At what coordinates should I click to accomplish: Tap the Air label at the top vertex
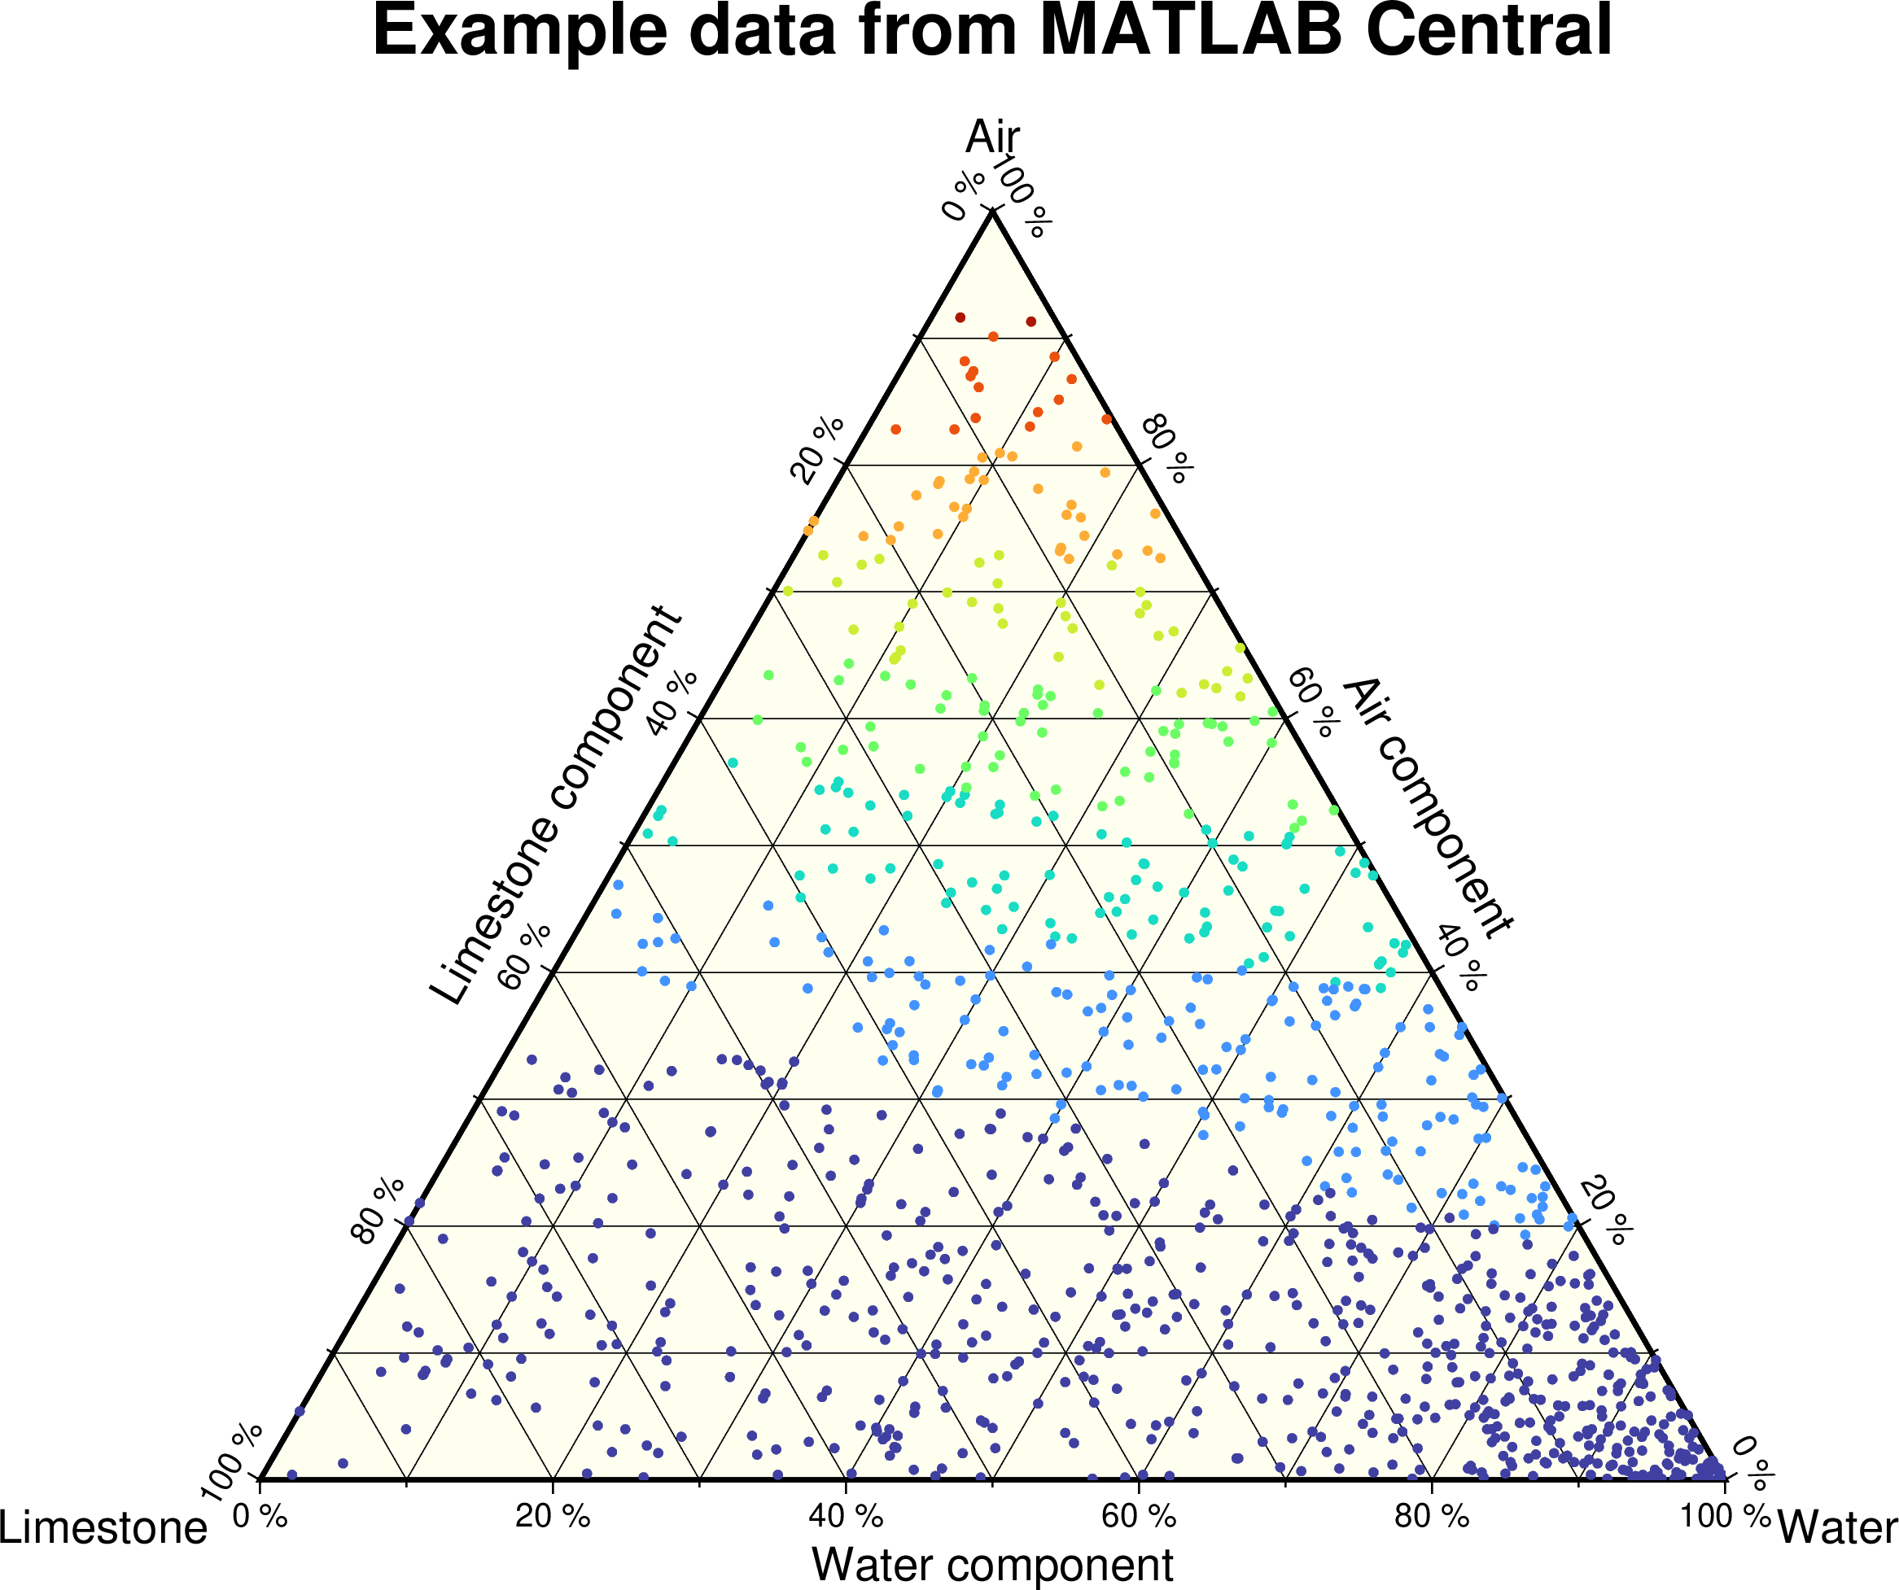pos(992,138)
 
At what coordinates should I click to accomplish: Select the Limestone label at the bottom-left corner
pos(103,1527)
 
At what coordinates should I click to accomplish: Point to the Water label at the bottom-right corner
pos(1836,1527)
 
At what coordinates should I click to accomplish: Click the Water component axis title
pos(992,1565)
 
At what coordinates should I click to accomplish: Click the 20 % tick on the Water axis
pos(553,1516)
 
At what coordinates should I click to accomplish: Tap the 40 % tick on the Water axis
pos(846,1516)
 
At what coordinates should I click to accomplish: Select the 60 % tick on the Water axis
pos(1139,1516)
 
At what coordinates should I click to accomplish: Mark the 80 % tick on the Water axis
pos(1432,1516)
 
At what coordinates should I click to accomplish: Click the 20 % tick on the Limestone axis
pos(817,449)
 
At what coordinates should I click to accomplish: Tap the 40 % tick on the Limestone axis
pos(672,703)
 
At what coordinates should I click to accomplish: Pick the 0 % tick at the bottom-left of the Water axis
pos(260,1516)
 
